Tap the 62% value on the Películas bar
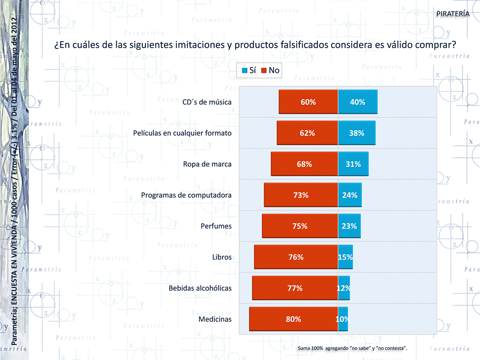(x=307, y=133)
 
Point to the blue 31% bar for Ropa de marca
(x=353, y=164)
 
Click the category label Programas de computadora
(x=186, y=195)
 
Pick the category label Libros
(x=222, y=257)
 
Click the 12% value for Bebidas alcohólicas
(x=343, y=288)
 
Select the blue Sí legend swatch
(x=245, y=70)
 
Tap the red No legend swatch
(x=264, y=70)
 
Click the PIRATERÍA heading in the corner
(x=453, y=13)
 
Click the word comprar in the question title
(x=434, y=44)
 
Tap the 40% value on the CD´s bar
(x=358, y=102)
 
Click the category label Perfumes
(x=216, y=226)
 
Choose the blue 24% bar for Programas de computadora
(x=350, y=195)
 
